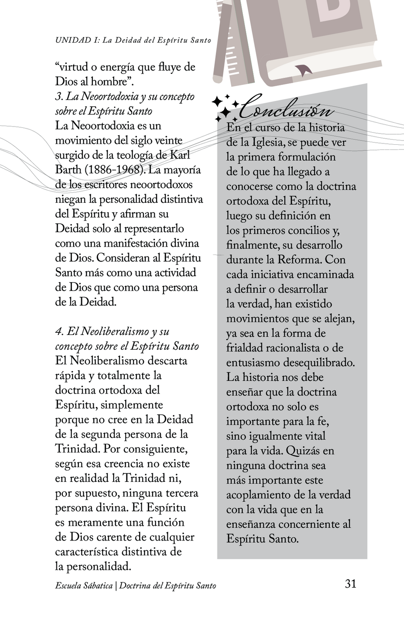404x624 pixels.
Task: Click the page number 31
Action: point(350,584)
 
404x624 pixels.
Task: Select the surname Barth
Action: point(68,170)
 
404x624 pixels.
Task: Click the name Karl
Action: point(179,155)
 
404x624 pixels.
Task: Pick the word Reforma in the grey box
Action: point(299,260)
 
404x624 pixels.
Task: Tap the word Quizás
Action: point(303,451)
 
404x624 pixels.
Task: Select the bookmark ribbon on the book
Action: point(303,69)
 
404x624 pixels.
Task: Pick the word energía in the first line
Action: point(117,67)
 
